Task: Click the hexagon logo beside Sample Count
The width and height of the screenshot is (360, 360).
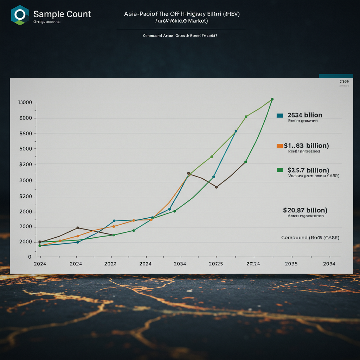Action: tap(20, 15)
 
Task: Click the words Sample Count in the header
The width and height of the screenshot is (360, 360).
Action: tap(62, 14)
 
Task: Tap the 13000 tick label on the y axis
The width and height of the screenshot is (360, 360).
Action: tap(25, 103)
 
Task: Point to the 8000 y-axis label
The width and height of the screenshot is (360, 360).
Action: tap(26, 118)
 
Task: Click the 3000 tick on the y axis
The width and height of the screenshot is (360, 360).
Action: tap(26, 181)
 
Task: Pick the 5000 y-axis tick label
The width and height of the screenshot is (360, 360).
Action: tap(26, 149)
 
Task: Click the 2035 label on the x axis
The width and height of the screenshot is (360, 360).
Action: tap(291, 264)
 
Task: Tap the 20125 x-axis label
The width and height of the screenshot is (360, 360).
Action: tap(216, 264)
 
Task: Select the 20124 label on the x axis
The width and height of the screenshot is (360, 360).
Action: tap(253, 264)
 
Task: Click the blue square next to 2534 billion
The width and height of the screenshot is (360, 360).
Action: tap(280, 115)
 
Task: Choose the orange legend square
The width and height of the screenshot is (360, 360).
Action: tap(280, 146)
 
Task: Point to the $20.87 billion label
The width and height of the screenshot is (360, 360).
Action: tap(305, 210)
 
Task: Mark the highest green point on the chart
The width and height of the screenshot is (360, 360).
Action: tap(272, 99)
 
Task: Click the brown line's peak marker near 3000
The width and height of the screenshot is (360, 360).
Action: tap(188, 173)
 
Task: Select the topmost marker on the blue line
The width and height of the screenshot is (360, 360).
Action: tap(236, 131)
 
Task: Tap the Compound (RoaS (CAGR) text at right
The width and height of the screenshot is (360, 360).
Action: tap(310, 238)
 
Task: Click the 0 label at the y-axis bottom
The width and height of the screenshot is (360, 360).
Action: tap(30, 257)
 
